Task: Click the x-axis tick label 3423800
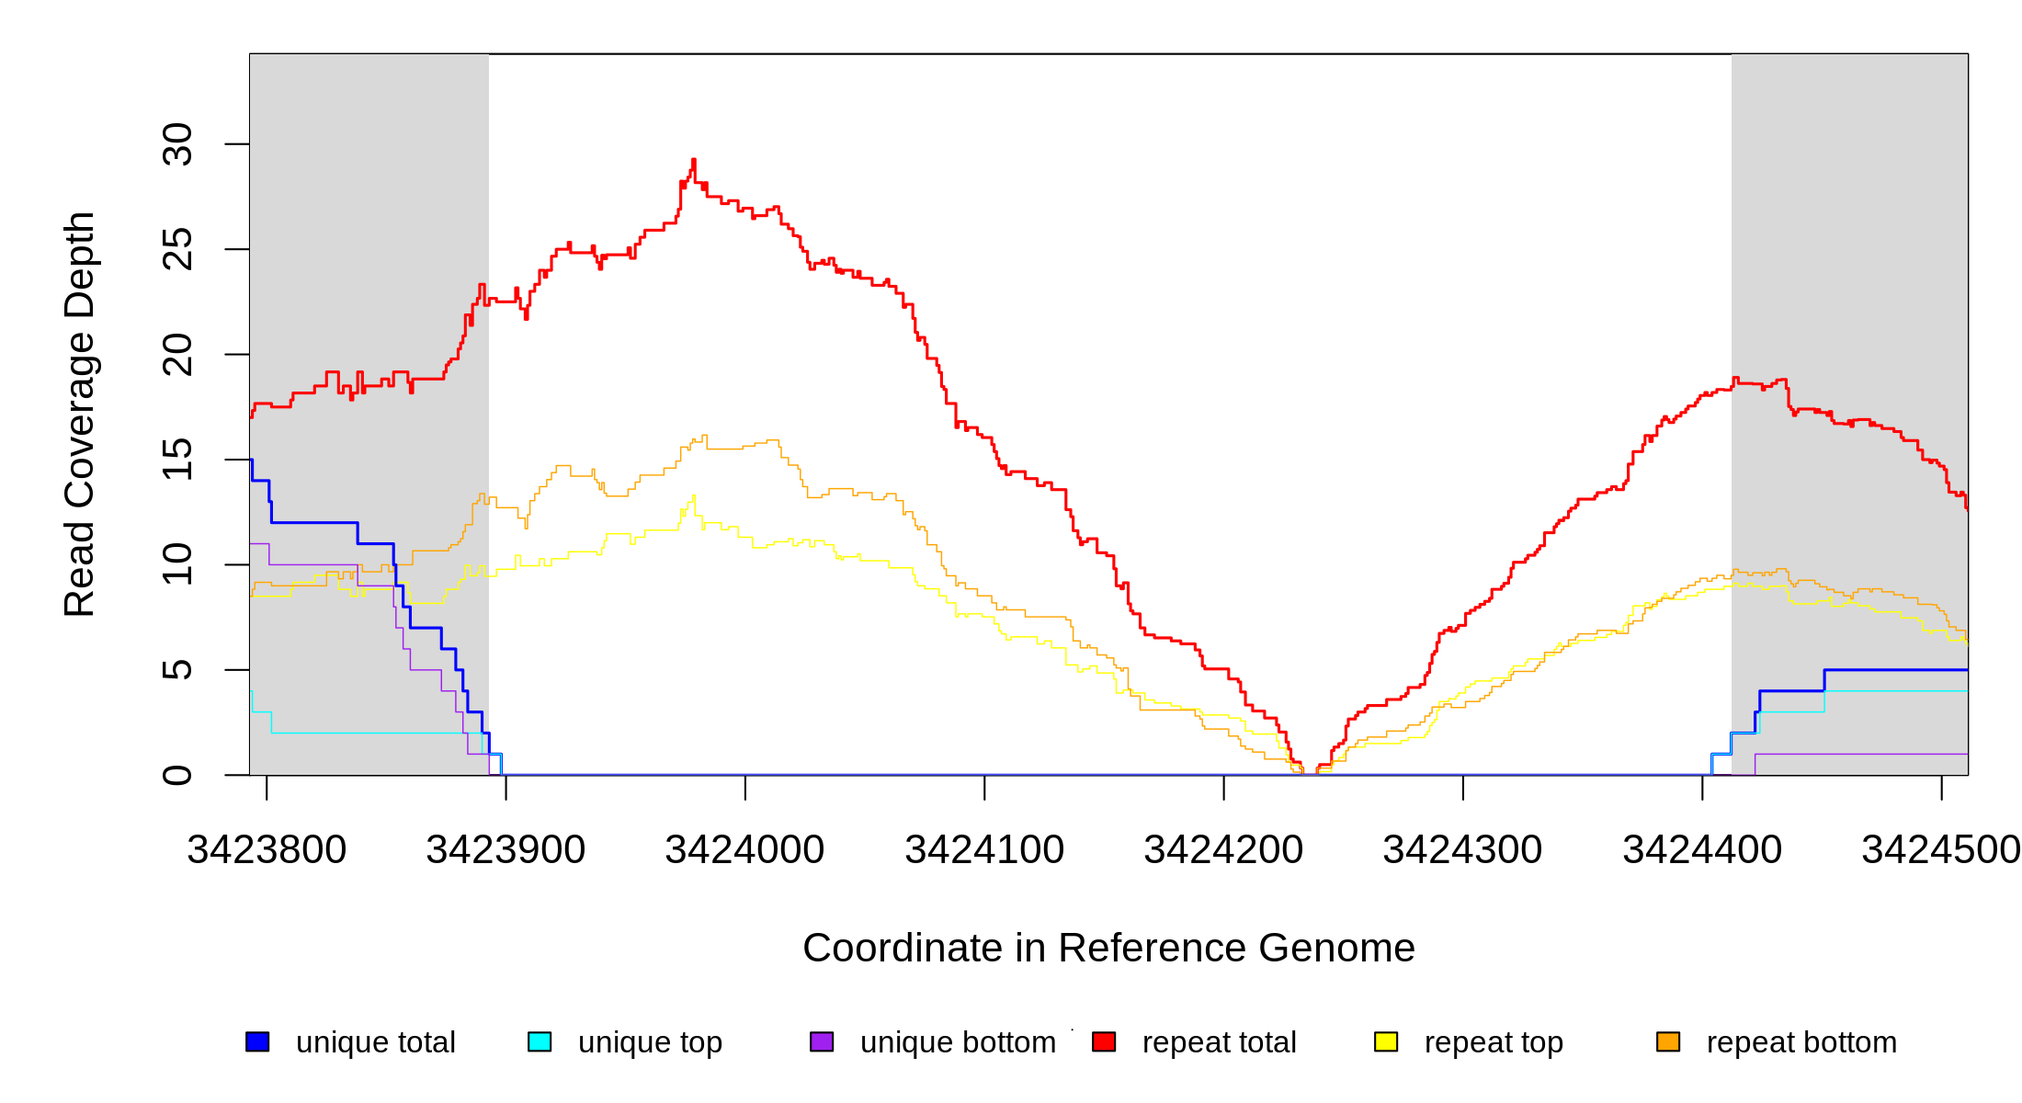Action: pos(267,850)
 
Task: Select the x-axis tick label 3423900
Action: pos(505,850)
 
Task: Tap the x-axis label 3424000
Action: pos(744,850)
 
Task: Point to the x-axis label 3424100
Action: pos(984,850)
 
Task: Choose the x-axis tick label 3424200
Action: pos(1223,850)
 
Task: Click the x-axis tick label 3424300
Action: pos(1462,850)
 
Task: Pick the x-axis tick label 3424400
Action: pos(1702,850)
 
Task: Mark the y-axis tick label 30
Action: pos(177,144)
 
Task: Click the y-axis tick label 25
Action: pos(177,249)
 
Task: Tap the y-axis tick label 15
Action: pos(177,460)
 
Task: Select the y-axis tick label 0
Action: pos(177,775)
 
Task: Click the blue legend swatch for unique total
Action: pos(257,1041)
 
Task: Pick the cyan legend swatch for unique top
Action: pos(540,1041)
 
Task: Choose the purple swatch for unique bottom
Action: pos(822,1041)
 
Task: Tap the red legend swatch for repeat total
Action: pos(1104,1041)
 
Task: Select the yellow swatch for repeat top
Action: pos(1386,1041)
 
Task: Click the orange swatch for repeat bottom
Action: pos(1668,1041)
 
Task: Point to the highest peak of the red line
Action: pos(694,161)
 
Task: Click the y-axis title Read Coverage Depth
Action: pos(80,414)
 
